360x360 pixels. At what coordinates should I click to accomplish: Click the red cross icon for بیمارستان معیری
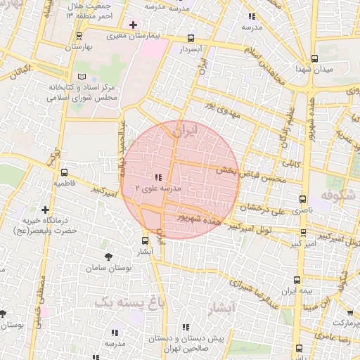tap(134, 25)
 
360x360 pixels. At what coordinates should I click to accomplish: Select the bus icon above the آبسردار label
tap(191, 39)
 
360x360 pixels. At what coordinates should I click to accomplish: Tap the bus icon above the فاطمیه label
tap(65, 172)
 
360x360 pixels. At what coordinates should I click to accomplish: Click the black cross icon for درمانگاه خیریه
tap(46, 210)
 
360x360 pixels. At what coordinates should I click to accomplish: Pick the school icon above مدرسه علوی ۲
tap(157, 177)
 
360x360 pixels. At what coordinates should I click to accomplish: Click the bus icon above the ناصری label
tap(303, 199)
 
